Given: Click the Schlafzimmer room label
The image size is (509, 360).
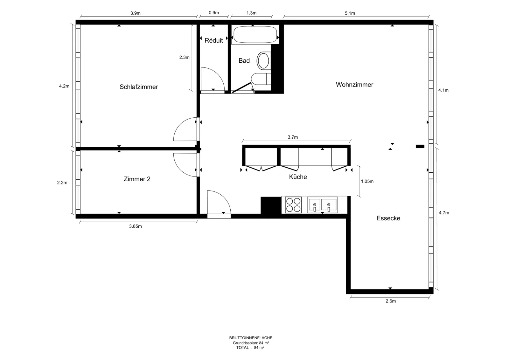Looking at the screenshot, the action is point(139,87).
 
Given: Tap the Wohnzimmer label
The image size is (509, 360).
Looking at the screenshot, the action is point(354,85).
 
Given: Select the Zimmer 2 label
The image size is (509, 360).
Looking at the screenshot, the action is point(137,179).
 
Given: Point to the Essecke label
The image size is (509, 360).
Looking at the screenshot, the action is point(388,218).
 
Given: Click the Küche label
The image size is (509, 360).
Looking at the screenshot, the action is point(298,177).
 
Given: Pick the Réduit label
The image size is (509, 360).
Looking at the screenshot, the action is point(213,40).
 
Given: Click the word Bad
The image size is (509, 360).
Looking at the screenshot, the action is point(244,61).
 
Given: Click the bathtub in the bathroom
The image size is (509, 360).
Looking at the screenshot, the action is point(255,35).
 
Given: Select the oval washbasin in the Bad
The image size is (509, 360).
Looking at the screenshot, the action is point(264,61).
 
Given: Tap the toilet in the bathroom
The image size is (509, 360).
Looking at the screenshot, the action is point(261,79).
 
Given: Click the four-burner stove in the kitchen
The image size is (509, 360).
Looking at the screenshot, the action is point(293,205).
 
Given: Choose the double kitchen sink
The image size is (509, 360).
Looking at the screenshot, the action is point(322,205).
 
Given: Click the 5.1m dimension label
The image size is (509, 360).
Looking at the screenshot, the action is point(350,13).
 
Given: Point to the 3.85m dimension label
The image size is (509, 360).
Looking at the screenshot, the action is point(136,226).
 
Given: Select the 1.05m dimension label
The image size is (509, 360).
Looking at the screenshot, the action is point(367,181).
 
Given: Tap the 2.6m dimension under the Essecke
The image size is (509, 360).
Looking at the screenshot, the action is point(391,301).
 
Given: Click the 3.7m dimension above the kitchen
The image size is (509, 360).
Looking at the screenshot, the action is point(293,137).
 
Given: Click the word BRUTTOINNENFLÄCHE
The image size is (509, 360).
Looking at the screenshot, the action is point(251,338).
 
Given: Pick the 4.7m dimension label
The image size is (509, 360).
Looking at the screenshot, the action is point(444,213).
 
